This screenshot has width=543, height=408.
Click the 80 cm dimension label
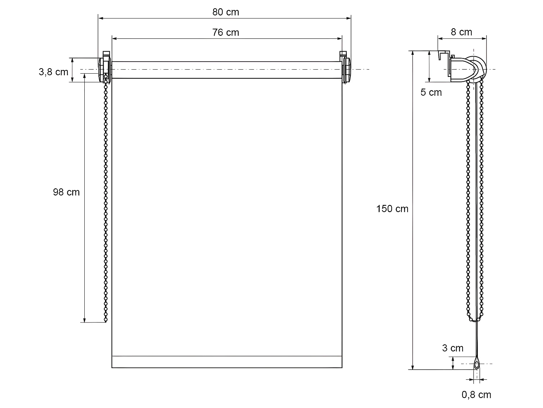point(226,12)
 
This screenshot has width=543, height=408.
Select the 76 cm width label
point(226,32)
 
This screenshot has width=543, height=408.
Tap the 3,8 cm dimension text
point(53,72)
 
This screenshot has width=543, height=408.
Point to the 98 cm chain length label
point(66,192)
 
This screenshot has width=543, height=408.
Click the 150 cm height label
point(392,209)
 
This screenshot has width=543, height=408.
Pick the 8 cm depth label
point(461,32)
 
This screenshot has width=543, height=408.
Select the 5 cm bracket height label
point(431,92)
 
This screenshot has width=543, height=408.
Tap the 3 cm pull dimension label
point(452,348)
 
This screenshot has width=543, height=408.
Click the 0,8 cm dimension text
point(476,395)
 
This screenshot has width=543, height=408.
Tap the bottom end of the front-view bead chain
point(106,320)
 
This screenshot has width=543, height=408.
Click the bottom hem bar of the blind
point(227,362)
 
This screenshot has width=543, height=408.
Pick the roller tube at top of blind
point(227,70)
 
